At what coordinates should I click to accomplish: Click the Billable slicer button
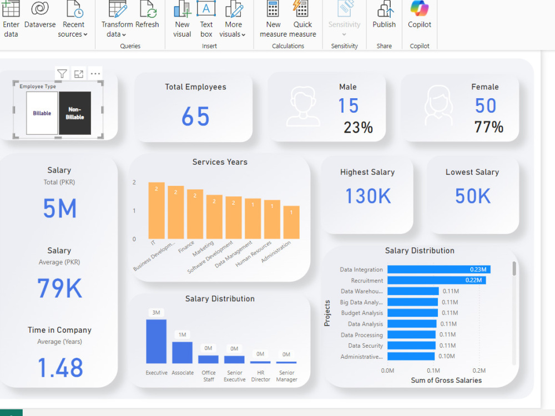(x=42, y=113)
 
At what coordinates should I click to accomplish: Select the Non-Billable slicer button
(x=75, y=113)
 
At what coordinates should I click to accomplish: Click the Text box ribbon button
(x=206, y=19)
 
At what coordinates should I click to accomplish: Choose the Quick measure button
(x=302, y=19)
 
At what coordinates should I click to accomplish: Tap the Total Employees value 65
(x=195, y=117)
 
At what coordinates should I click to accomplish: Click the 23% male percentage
(x=358, y=128)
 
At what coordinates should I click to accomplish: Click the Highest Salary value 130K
(x=367, y=196)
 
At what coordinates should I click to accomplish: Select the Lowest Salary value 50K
(x=473, y=196)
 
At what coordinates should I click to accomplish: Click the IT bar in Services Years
(x=157, y=211)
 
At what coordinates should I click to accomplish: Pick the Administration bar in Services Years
(x=291, y=222)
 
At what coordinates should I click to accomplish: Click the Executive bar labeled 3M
(x=156, y=341)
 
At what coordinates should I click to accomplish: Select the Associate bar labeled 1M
(x=182, y=352)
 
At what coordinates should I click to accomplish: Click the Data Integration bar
(x=438, y=270)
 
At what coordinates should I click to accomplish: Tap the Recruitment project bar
(x=436, y=281)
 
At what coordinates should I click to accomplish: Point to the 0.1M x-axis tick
(x=433, y=370)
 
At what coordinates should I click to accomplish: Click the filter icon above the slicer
(x=62, y=74)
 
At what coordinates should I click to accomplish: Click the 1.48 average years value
(x=60, y=368)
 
